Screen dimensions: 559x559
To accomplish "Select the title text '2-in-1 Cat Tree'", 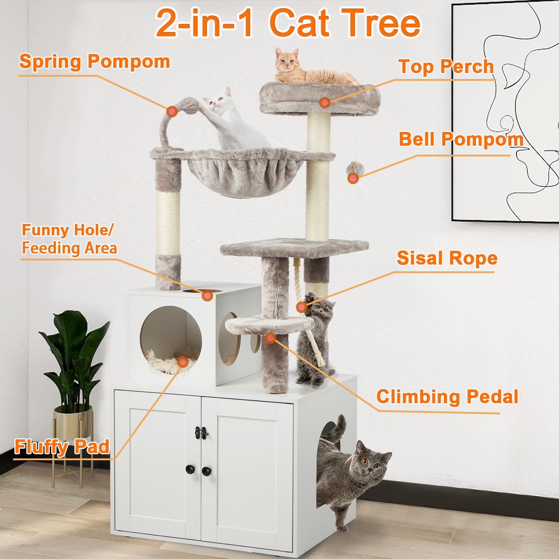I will pyautogui.click(x=288, y=23).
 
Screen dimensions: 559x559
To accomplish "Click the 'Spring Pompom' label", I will pyautogui.click(x=94, y=61).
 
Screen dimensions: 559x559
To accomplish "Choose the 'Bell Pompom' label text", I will pyautogui.click(x=461, y=139).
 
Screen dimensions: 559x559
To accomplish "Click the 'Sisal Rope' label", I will pyautogui.click(x=447, y=258).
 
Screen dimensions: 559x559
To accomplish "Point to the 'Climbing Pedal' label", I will pyautogui.click(x=447, y=397).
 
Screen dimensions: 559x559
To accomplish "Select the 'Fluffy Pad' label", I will pyautogui.click(x=62, y=447).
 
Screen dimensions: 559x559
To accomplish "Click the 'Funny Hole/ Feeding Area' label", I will pyautogui.click(x=69, y=239).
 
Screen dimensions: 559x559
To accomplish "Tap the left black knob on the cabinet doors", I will pyautogui.click(x=190, y=468).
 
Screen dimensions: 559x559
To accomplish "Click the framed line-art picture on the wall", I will pyautogui.click(x=507, y=112).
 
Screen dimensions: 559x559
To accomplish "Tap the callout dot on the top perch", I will pyautogui.click(x=325, y=102).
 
